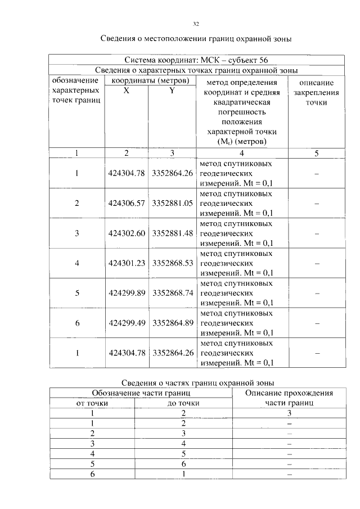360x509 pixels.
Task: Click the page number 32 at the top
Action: [x=196, y=24]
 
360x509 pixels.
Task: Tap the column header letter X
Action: [x=126, y=91]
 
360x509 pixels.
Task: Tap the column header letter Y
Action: [x=172, y=91]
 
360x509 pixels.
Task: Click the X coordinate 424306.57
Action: [x=127, y=203]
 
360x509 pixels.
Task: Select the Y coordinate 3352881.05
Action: [x=173, y=203]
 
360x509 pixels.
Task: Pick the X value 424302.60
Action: [x=127, y=233]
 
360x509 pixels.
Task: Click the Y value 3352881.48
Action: [x=173, y=233]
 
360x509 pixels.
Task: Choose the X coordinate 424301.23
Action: [x=127, y=263]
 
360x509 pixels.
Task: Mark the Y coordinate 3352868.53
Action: [x=173, y=263]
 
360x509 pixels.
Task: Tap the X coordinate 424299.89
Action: [x=127, y=293]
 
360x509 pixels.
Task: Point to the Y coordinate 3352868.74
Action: [x=173, y=293]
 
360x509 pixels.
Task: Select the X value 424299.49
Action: [x=127, y=323]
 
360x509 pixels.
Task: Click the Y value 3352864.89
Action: [x=173, y=323]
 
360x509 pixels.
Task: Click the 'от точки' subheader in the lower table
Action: [x=92, y=403]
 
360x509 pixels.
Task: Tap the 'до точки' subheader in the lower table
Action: [x=184, y=403]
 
